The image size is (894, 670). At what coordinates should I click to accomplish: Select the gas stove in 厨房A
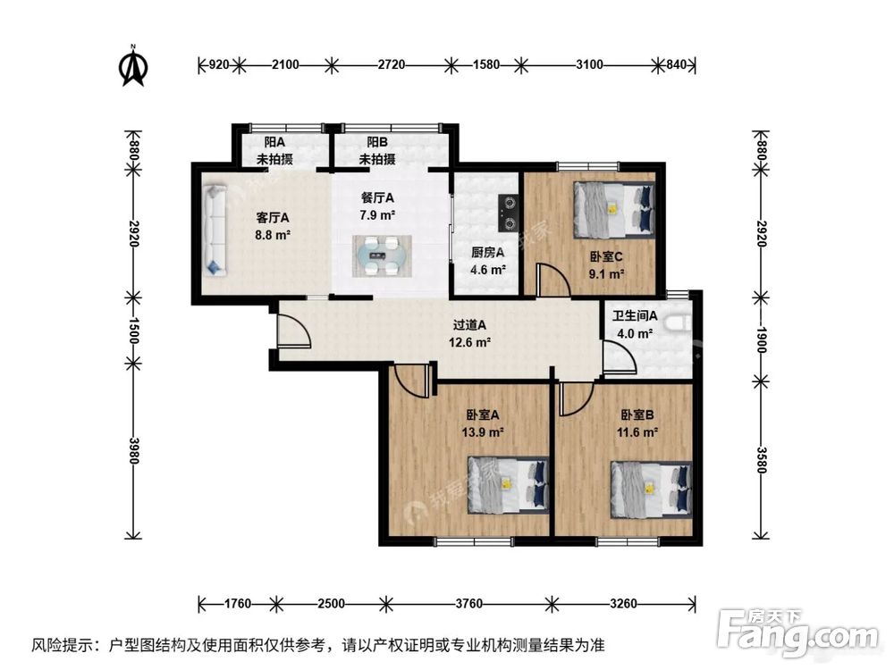509,214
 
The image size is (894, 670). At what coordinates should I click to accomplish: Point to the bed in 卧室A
508,485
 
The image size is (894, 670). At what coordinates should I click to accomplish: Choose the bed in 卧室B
650,489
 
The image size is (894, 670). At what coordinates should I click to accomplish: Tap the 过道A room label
469,326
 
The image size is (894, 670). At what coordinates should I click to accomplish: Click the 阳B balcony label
376,142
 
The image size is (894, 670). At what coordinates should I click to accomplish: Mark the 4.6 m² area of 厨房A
488,269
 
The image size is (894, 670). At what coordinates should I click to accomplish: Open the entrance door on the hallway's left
293,334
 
